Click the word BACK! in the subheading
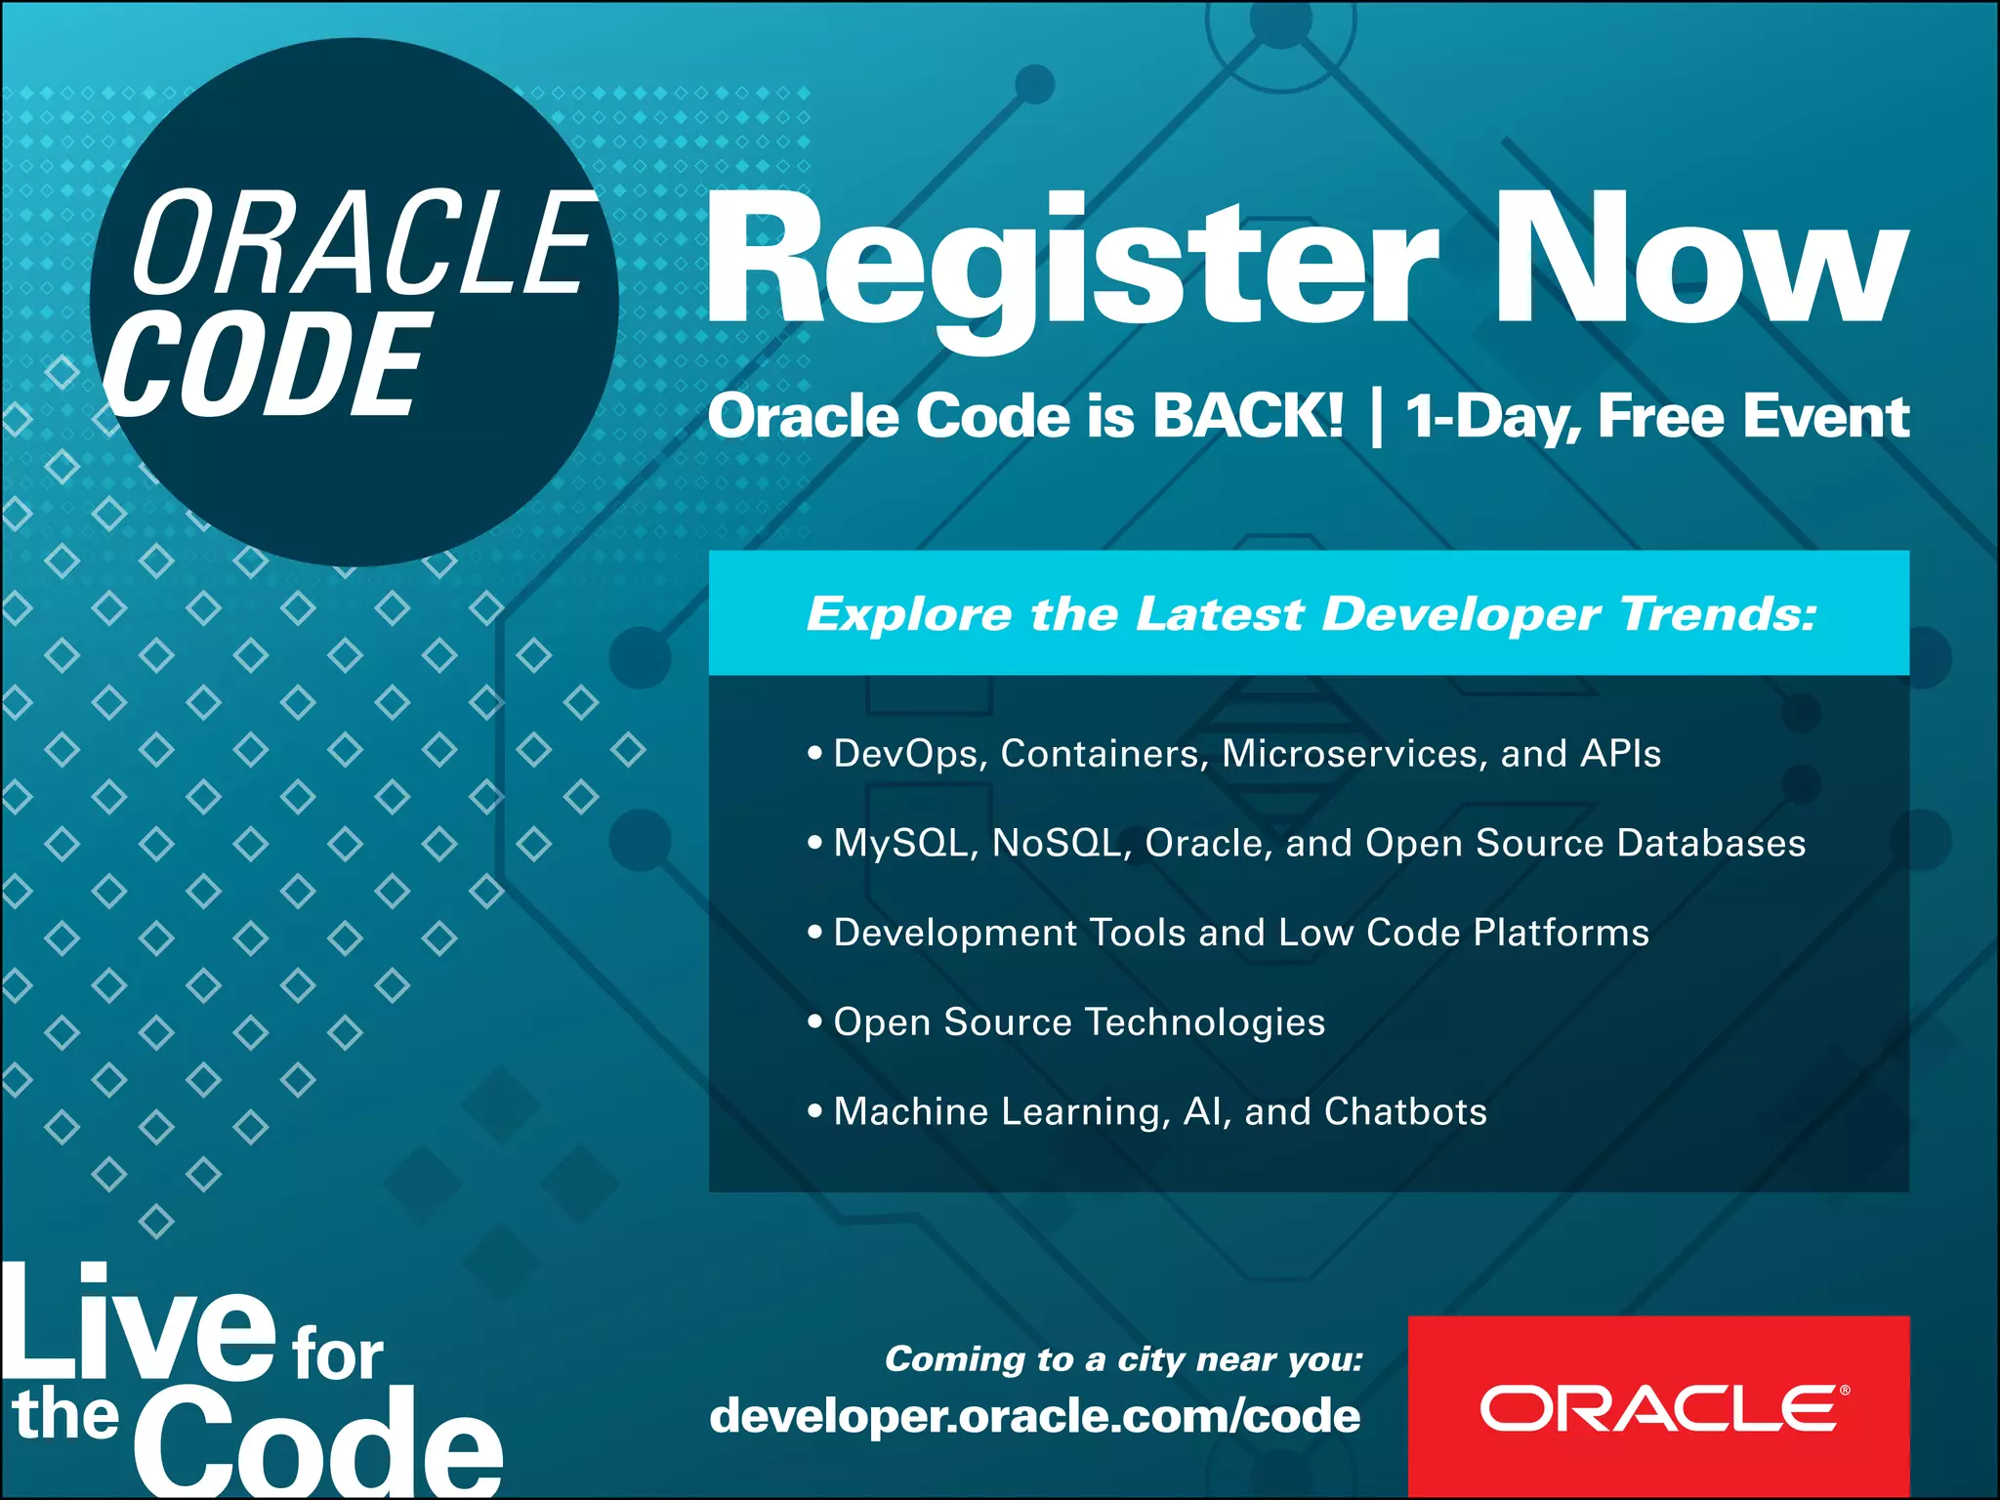click(x=1247, y=416)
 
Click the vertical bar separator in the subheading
click(x=1376, y=418)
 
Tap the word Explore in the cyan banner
click(x=908, y=614)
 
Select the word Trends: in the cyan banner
click(x=1718, y=614)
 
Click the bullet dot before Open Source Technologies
click(x=815, y=1021)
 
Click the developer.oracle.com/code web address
click(x=1035, y=1416)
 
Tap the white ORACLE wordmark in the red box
click(x=1659, y=1408)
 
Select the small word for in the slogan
click(x=338, y=1354)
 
